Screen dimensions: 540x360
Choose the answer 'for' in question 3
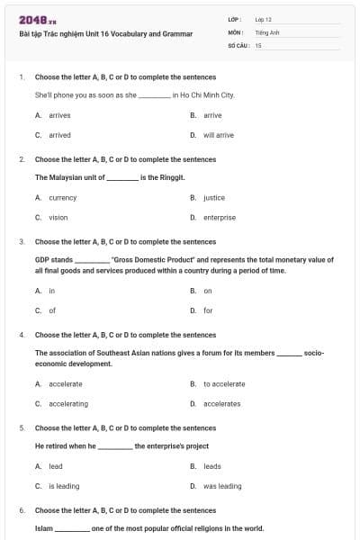pyautogui.click(x=208, y=310)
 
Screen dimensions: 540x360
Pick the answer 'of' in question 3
pyautogui.click(x=52, y=310)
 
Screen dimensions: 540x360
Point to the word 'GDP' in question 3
pyautogui.click(x=41, y=259)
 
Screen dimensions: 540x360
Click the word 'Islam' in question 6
pyautogui.click(x=43, y=528)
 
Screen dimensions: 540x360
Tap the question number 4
pyautogui.click(x=22, y=334)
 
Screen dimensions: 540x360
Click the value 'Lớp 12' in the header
pyautogui.click(x=263, y=18)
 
